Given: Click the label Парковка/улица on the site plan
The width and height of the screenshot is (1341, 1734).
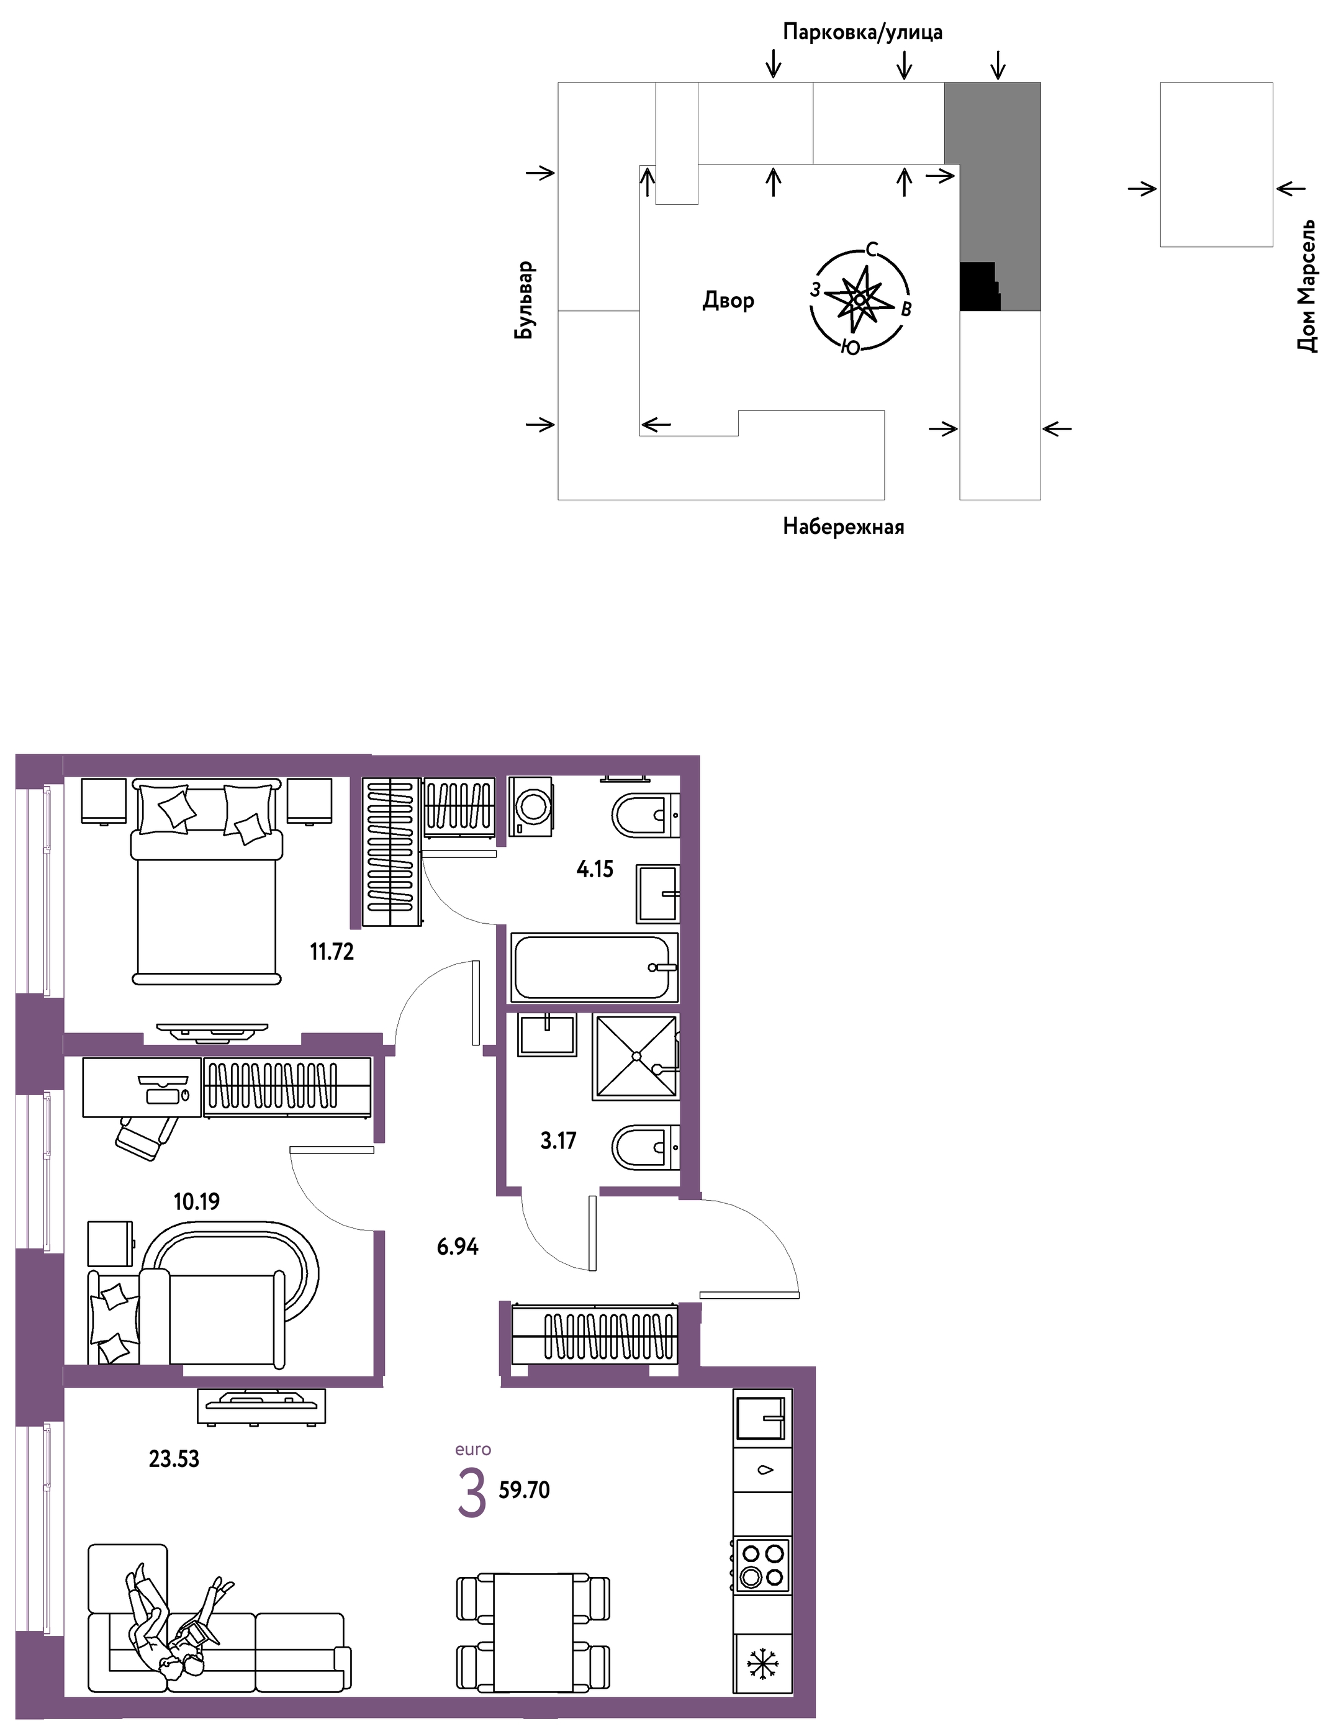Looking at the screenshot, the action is (x=862, y=32).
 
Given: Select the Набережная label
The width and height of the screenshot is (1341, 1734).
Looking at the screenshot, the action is (x=843, y=526).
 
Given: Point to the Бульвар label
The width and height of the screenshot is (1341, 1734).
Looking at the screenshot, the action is (x=524, y=300).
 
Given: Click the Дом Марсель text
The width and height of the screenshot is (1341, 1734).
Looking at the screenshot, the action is (x=1306, y=286).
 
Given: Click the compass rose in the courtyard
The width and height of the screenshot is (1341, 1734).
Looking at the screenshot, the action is (x=859, y=300).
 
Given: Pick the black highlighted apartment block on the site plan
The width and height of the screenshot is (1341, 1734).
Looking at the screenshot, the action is (x=979, y=286).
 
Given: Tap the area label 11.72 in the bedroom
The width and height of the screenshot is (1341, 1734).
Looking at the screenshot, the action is (x=332, y=951).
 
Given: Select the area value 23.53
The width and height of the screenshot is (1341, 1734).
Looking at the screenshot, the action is (x=174, y=1458).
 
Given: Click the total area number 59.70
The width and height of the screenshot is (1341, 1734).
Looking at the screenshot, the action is (x=524, y=1489).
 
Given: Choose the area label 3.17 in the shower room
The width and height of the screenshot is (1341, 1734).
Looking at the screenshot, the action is (x=558, y=1141).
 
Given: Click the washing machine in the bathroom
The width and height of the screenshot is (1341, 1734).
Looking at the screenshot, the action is (x=531, y=806).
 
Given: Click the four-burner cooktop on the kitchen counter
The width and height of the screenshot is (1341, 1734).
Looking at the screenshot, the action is (x=762, y=1565).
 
